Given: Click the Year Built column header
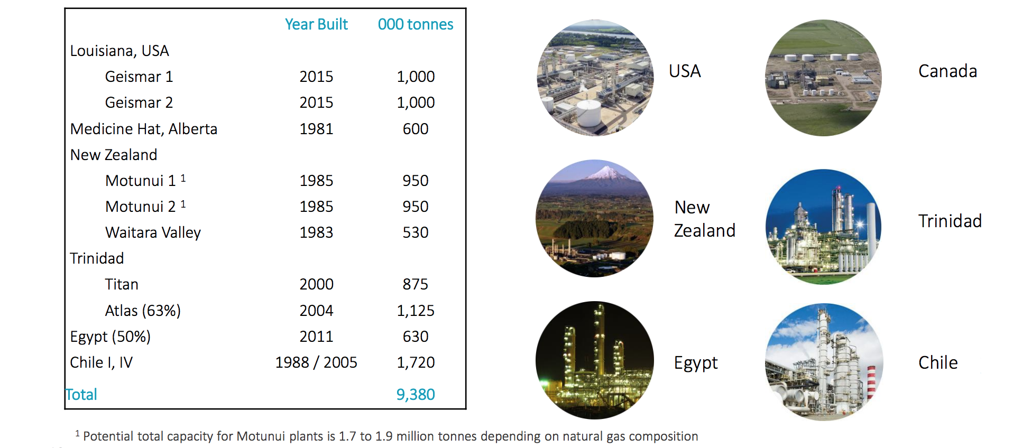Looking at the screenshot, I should [316, 24].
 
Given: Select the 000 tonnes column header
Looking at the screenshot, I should [415, 24].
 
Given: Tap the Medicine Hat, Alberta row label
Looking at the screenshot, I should [144, 129].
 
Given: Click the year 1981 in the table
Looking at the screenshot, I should [316, 129].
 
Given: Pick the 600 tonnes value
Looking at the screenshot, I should [415, 129].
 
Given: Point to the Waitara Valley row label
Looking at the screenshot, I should [153, 232].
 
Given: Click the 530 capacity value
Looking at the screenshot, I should [415, 232].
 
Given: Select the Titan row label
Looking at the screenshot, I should [122, 284].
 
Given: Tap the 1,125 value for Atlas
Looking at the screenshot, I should [415, 311].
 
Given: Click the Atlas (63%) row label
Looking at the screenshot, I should [143, 311].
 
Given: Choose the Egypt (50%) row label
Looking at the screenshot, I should [110, 337].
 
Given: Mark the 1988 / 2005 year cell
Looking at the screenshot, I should [316, 362].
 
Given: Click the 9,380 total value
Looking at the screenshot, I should [415, 395].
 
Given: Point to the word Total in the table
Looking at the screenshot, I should [81, 395].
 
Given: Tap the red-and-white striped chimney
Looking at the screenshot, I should [871, 382].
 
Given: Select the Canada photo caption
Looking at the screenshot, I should [947, 71].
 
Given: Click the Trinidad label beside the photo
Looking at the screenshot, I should [950, 221].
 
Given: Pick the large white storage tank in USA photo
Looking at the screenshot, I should [588, 112].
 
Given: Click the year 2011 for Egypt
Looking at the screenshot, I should [316, 337].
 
